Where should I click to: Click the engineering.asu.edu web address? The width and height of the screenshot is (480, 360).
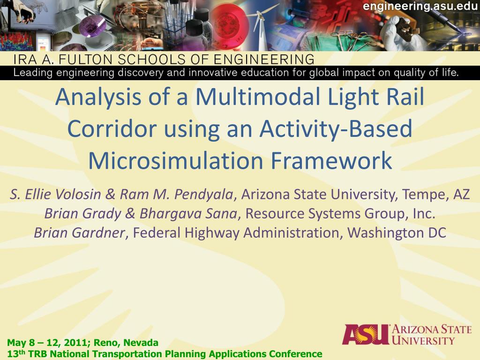420,6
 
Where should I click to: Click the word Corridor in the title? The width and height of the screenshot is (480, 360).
112,128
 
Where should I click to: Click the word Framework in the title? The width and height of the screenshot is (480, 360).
331,160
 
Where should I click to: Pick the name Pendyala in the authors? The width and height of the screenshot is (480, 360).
203,195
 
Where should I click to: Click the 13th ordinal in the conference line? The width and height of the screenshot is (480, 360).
16,353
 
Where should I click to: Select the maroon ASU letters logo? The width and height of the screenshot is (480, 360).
366,335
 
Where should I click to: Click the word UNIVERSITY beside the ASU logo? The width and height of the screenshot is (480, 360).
423,340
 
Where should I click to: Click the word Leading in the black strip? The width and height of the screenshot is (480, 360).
33,73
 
